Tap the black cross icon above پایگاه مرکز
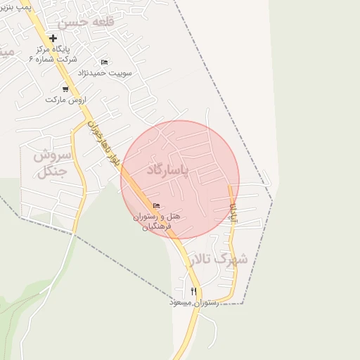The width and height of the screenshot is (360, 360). [x=53, y=38]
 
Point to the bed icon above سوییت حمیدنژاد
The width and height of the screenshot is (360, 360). [x=105, y=63]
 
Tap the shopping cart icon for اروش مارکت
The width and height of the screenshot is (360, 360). [x=65, y=89]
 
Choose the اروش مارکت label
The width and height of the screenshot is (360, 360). [x=65, y=100]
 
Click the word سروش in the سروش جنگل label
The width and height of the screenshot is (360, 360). [x=51, y=155]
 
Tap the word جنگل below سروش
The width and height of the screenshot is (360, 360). [x=51, y=171]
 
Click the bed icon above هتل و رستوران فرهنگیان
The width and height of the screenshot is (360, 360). [x=156, y=205]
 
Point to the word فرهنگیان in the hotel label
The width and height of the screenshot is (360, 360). [x=156, y=228]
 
